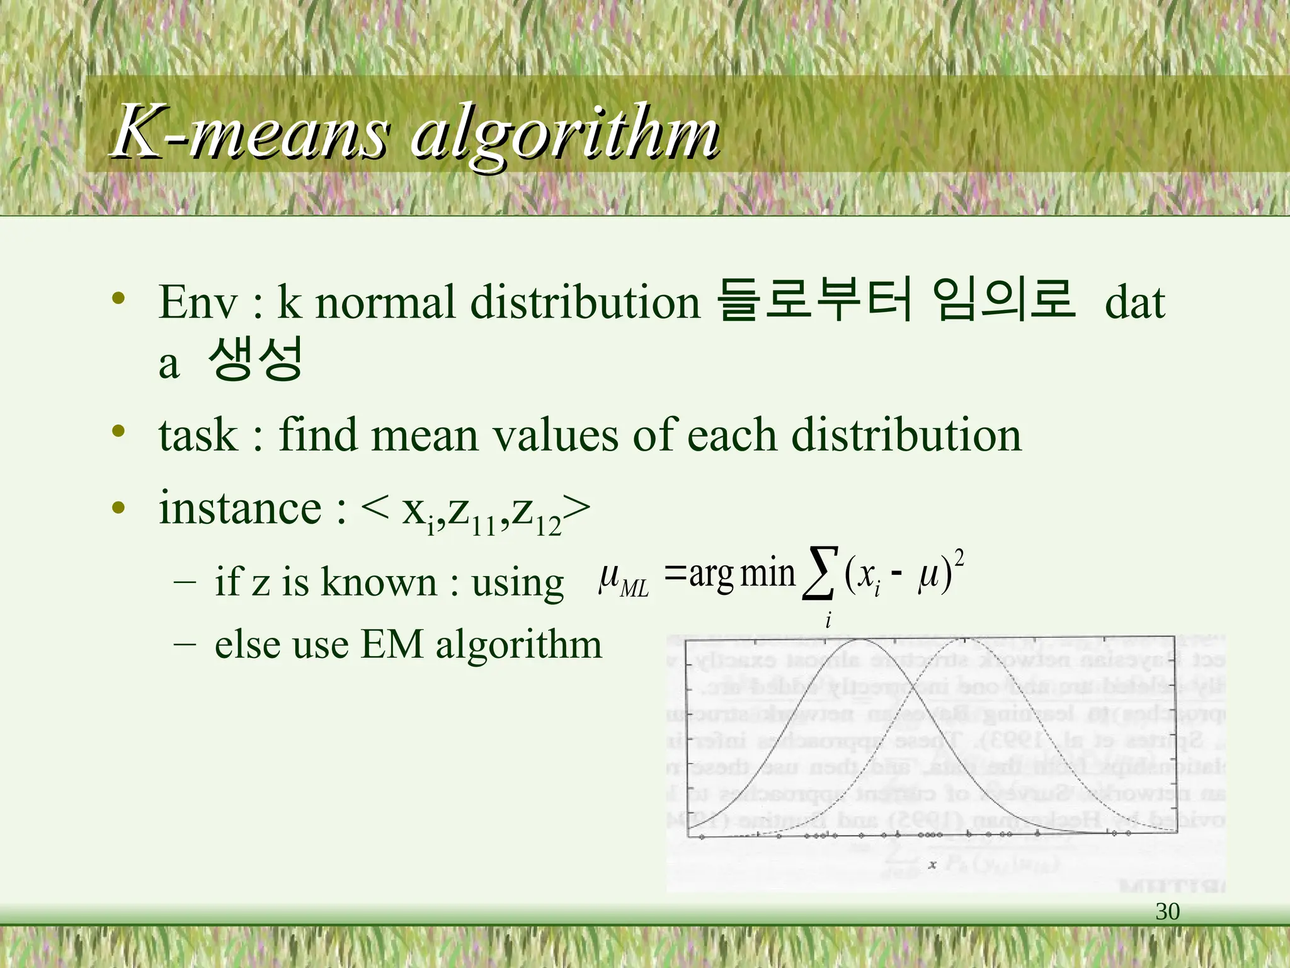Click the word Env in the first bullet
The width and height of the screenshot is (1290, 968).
pos(198,302)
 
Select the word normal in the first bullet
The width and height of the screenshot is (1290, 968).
pos(385,302)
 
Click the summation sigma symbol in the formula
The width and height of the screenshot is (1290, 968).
pos(819,573)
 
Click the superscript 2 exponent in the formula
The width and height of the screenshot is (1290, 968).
pos(959,558)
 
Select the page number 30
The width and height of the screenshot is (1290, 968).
pos(1167,911)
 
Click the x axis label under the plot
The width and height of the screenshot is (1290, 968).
pos(932,864)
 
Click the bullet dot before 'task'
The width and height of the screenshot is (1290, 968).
pos(118,432)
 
